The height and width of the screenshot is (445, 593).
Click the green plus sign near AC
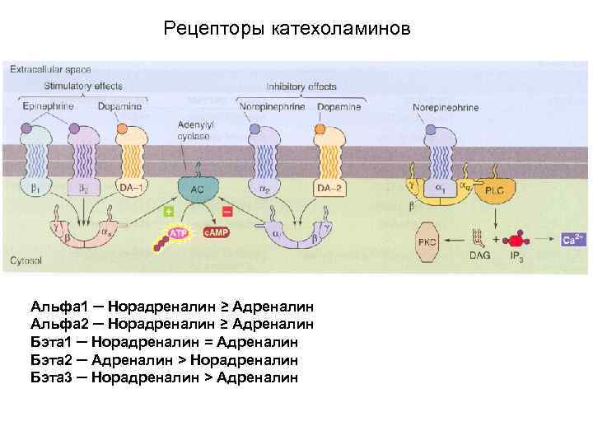pos(168,212)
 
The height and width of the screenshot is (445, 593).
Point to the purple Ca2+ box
pos(573,240)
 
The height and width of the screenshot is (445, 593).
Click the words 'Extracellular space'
pos(49,70)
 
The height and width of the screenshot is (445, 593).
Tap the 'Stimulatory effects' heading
pos(83,85)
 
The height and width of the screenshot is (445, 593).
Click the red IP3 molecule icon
pos(517,240)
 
